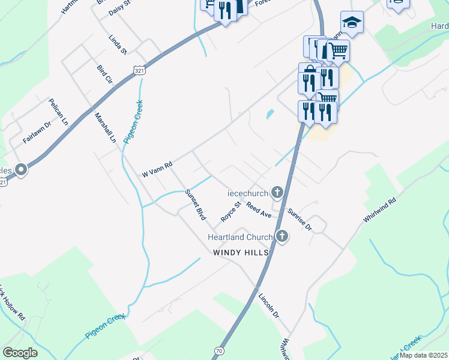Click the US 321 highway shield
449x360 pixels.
click(x=139, y=71)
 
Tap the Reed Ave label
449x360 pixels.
click(x=259, y=210)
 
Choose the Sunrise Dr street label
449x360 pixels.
click(x=299, y=219)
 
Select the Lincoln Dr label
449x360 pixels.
click(x=269, y=306)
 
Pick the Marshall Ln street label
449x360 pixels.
click(x=104, y=127)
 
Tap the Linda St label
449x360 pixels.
click(x=118, y=44)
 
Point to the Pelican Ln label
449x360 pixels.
click(x=58, y=111)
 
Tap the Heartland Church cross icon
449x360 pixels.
click(x=282, y=237)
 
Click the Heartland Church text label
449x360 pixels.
click(x=240, y=237)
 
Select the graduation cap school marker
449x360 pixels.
click(x=352, y=23)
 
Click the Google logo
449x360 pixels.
click(x=20, y=353)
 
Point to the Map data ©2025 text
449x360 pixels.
click(x=423, y=355)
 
